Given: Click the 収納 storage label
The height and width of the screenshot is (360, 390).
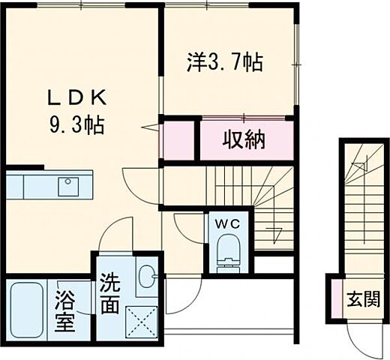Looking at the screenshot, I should pos(244,140).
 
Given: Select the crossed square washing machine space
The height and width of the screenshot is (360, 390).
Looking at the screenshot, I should pos(141,321).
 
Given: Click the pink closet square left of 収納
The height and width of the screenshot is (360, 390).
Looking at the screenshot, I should pos(178,139).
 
